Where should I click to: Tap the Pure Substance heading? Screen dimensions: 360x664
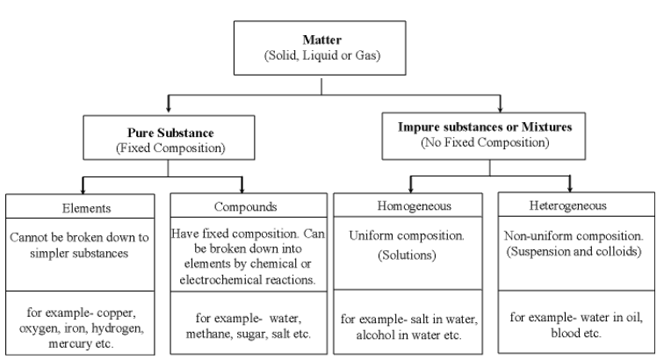pos(165,133)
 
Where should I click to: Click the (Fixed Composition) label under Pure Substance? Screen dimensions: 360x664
pos(165,148)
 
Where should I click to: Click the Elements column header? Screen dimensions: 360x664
pos(83,211)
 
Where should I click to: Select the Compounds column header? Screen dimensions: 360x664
pos(248,211)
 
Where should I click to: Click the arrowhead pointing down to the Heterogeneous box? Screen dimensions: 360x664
pos(571,187)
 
